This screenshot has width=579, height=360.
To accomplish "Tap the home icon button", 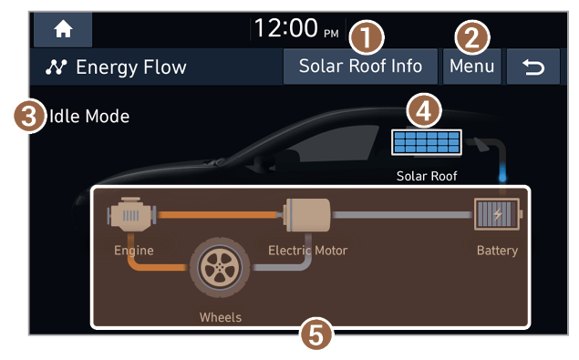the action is tap(63, 29).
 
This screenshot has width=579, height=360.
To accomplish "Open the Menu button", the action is tap(471, 67).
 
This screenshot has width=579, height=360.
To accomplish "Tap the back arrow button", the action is tap(533, 67).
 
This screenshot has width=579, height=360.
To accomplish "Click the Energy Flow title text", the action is tap(131, 67).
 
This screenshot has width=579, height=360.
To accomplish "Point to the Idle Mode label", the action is tap(89, 117).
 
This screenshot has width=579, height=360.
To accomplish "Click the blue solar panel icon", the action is tap(427, 142).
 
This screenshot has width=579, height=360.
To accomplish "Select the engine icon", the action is tap(132, 214).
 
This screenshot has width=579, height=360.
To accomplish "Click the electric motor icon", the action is tap(306, 215).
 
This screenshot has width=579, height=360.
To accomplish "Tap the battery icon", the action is tap(497, 214).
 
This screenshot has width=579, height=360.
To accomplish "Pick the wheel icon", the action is tap(220, 267).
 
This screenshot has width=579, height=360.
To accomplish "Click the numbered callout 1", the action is tap(367, 37).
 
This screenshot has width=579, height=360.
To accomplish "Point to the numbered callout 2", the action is tap(472, 37).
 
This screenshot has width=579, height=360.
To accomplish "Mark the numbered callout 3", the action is tap(30, 117).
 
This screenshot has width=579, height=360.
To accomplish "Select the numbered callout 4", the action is tap(424, 110).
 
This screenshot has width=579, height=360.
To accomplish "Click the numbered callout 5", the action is tap(316, 334).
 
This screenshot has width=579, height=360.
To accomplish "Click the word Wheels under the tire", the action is tap(221, 317).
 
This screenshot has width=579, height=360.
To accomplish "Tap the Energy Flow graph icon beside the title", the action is tap(57, 67).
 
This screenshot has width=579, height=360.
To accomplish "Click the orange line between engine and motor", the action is tap(220, 214).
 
